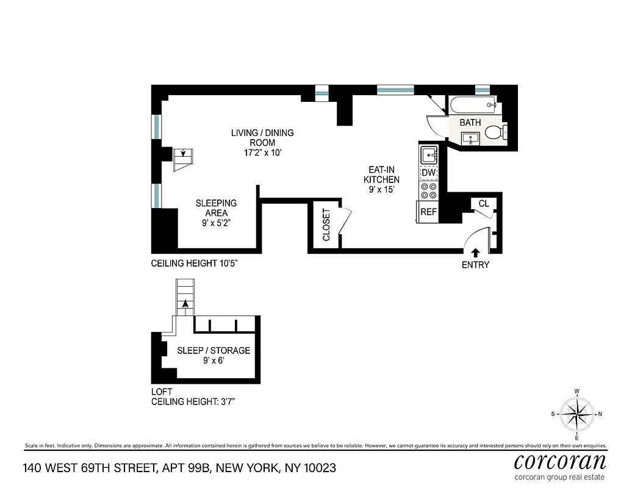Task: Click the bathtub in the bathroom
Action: coord(473,105)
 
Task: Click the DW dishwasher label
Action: coord(429,173)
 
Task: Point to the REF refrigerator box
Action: coord(429,212)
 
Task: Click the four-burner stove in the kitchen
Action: coord(429,192)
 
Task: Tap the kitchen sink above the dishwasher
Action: coord(429,155)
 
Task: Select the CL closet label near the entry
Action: coord(484,204)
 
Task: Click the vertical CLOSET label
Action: coord(326,224)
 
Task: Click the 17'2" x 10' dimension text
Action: coord(262,152)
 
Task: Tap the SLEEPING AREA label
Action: coord(216,208)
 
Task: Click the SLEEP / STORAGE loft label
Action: coord(214,351)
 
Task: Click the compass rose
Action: coord(576,414)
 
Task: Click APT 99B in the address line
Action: coord(187,468)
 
